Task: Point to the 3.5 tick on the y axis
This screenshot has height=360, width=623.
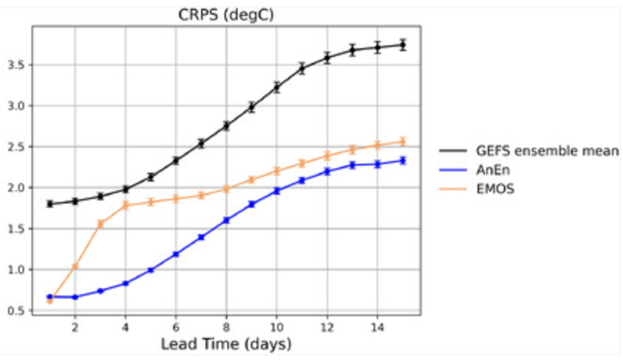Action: click(x=23, y=65)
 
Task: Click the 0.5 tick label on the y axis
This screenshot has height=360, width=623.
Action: click(x=23, y=311)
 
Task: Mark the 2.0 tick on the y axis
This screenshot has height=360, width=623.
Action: click(x=23, y=188)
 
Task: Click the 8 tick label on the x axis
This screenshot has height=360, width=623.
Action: click(x=226, y=326)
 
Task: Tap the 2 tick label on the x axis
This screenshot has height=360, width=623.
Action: click(x=75, y=326)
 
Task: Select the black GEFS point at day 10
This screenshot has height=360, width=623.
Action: click(x=276, y=87)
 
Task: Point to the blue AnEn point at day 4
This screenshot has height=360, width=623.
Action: click(x=125, y=283)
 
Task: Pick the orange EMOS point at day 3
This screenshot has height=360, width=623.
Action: click(x=100, y=224)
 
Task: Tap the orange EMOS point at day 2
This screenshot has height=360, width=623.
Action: click(x=75, y=266)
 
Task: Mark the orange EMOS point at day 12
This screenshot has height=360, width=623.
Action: click(x=327, y=155)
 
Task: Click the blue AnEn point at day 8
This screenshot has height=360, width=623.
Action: click(x=226, y=220)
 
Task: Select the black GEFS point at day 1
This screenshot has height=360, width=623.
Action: click(x=50, y=203)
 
